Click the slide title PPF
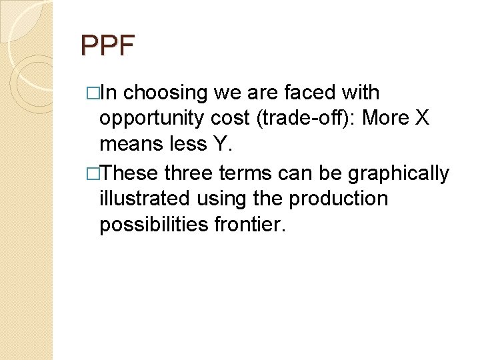107,46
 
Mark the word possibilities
153,225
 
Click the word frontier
249,225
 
